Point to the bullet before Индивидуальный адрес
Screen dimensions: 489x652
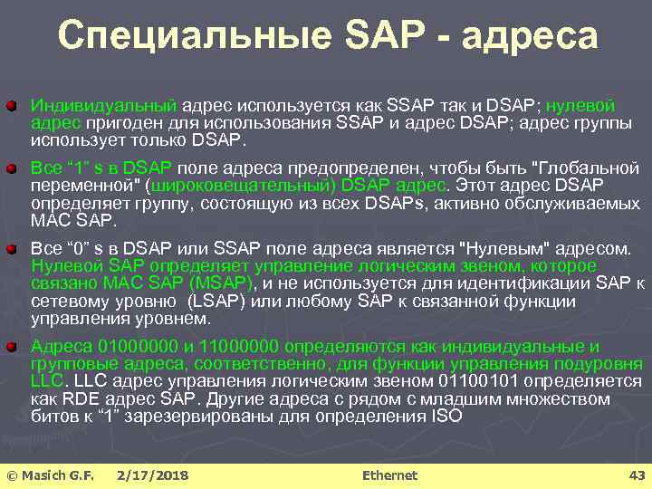[x=11, y=108]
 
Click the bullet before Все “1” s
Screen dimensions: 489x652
[x=11, y=169]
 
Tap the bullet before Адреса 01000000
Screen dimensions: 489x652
[x=11, y=346]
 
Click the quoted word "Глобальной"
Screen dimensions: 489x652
[x=589, y=169]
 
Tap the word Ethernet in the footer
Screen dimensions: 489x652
[x=389, y=475]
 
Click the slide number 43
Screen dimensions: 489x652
[x=636, y=475]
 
